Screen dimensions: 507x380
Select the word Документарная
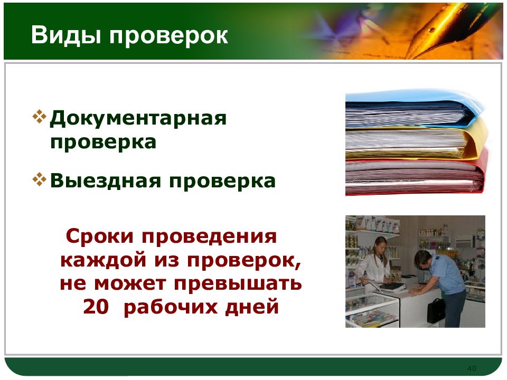138,119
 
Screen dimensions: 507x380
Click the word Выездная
106,181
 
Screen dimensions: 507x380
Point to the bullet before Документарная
40,117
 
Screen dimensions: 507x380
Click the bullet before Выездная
40,179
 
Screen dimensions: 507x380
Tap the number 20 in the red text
96,306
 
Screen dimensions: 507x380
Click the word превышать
238,284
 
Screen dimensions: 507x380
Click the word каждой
104,260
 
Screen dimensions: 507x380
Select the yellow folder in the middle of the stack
417,140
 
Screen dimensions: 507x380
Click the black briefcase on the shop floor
436,310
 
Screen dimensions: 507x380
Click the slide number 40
472,368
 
